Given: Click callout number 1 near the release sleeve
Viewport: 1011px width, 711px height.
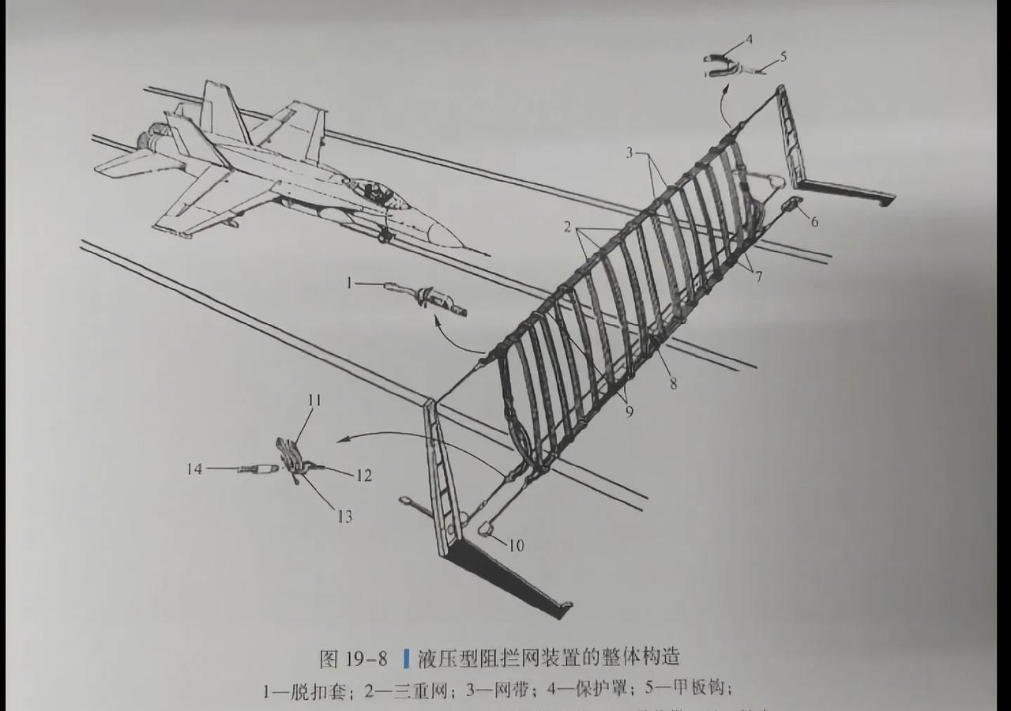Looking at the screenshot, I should [348, 282].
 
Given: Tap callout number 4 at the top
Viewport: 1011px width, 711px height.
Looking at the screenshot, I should [749, 38].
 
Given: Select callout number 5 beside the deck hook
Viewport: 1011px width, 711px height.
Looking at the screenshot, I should [783, 57].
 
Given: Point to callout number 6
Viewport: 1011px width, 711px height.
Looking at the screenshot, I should [814, 222].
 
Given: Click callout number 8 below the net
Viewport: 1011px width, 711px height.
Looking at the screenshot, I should [673, 385].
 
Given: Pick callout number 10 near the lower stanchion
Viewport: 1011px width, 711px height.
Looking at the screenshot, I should [516, 546].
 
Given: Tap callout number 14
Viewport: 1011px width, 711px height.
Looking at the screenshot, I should [194, 469].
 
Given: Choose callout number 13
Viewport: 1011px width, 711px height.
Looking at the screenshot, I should [344, 517].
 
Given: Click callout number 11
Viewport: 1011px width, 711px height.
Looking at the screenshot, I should [314, 401].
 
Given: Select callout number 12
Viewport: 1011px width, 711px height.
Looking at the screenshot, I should [364, 476].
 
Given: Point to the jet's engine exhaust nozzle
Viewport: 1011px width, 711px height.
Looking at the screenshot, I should [148, 141].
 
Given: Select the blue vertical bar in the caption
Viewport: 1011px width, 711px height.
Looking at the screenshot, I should [406, 657].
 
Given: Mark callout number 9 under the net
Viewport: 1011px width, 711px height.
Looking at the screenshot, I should [630, 412].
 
